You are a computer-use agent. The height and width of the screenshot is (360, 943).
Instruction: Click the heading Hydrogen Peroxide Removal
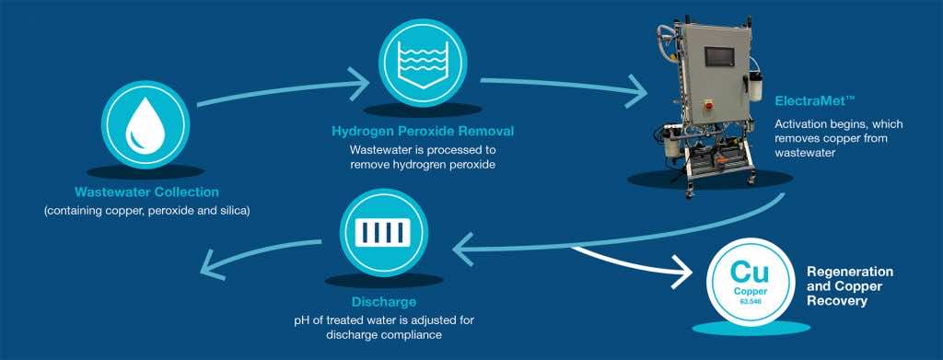[x=423, y=132]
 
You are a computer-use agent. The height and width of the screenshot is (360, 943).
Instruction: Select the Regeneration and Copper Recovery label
[x=850, y=286]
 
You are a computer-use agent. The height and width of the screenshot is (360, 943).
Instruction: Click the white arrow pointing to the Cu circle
[x=678, y=271]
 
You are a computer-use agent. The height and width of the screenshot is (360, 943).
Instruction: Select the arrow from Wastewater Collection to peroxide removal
[x=276, y=90]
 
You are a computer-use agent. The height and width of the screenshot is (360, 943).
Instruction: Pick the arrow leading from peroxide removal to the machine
[x=562, y=87]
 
